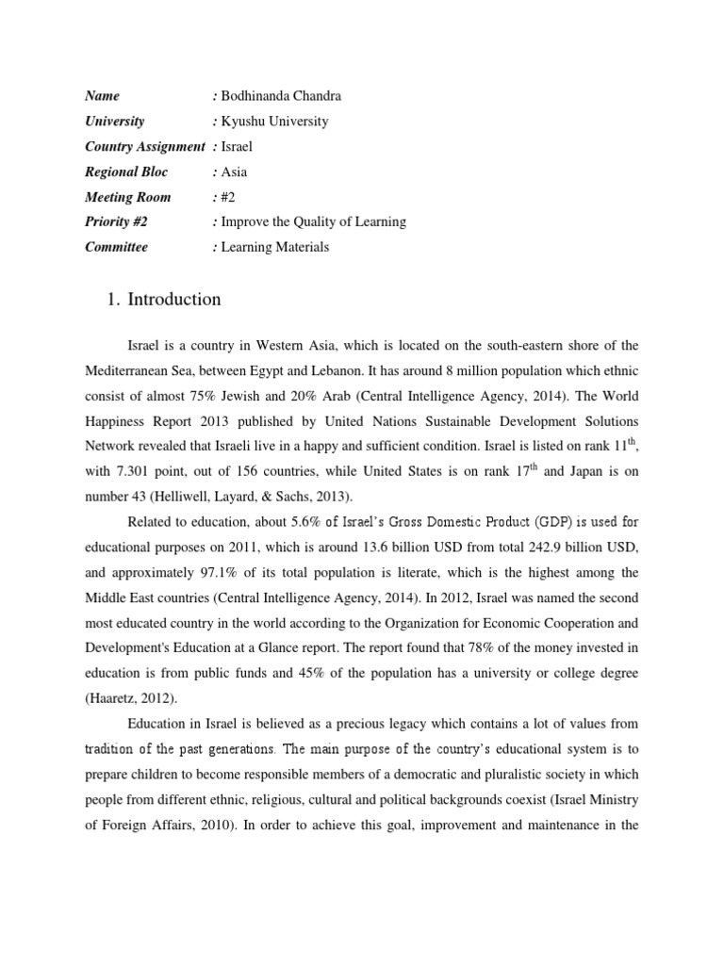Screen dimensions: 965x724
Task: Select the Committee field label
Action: (116, 248)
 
